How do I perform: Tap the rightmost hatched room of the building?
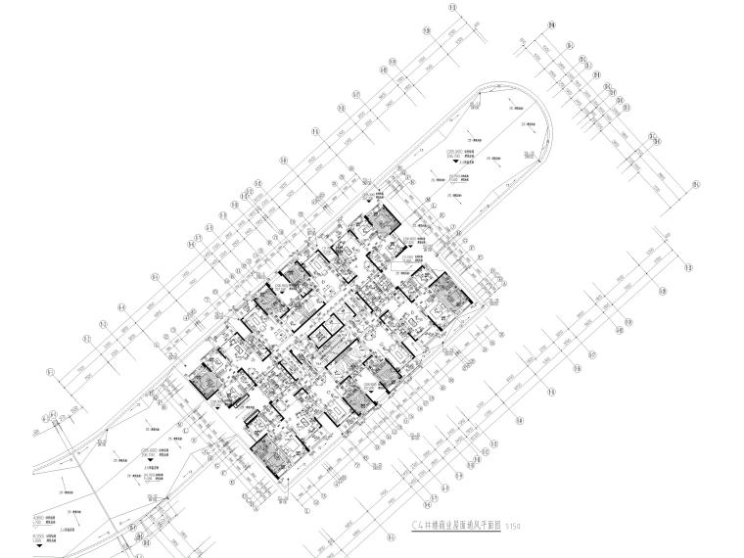(446, 291)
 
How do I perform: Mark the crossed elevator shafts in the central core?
(323, 333)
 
